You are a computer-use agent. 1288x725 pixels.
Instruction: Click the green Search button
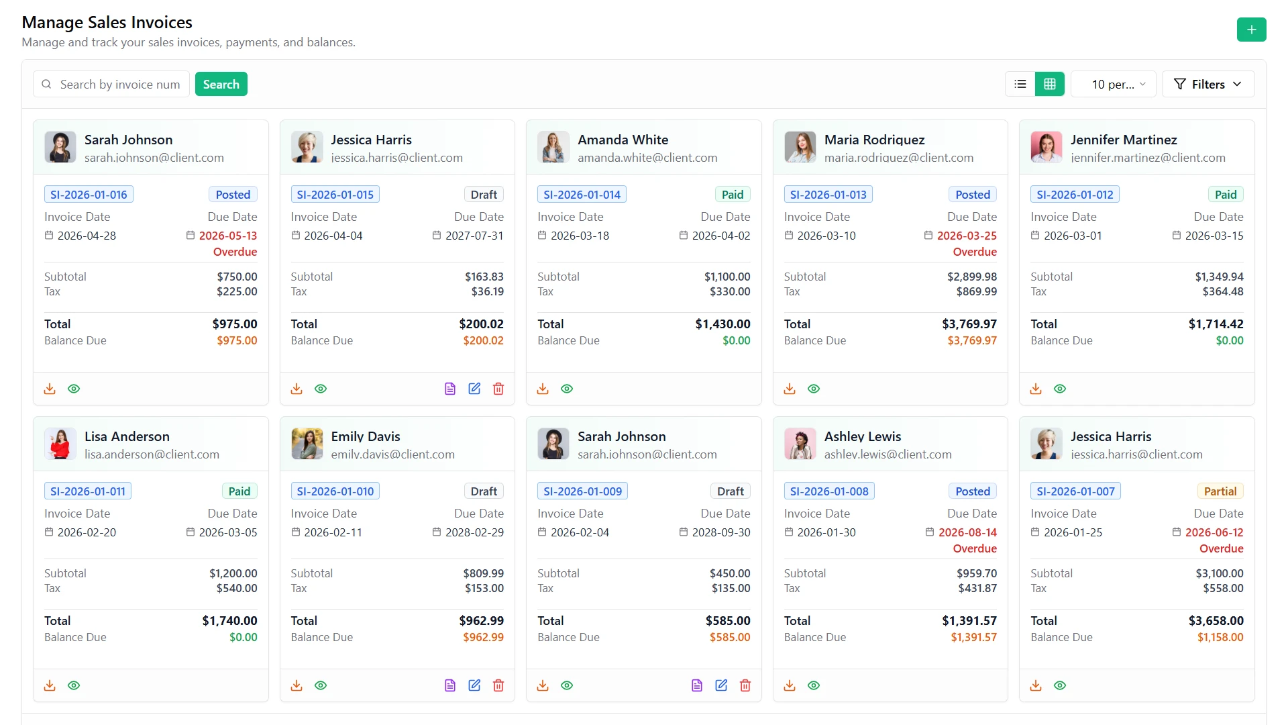point(221,84)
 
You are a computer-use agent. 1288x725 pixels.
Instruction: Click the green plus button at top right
point(1251,30)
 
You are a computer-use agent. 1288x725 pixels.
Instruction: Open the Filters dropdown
point(1207,84)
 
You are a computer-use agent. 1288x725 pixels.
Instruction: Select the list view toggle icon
point(1020,84)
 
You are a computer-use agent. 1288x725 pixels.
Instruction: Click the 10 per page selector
point(1114,84)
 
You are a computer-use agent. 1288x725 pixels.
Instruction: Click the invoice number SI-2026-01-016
point(89,195)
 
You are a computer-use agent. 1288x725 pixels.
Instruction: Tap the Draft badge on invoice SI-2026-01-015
point(484,195)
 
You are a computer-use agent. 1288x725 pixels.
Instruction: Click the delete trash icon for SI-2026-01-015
point(498,389)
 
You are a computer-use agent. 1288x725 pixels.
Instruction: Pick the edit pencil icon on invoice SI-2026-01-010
point(474,685)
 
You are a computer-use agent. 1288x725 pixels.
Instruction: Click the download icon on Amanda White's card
point(543,389)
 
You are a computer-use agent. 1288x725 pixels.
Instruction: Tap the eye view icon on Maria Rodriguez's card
point(814,389)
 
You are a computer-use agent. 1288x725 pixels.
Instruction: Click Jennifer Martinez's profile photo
point(1046,147)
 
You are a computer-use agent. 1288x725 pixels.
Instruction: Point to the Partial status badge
point(1220,491)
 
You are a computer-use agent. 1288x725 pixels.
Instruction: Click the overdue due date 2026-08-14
point(967,532)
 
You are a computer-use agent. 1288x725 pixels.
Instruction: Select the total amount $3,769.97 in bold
point(969,324)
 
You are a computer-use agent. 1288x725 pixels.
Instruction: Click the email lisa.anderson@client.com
point(152,454)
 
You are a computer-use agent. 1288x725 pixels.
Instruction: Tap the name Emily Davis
point(366,436)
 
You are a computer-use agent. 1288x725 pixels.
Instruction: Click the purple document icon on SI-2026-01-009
point(697,685)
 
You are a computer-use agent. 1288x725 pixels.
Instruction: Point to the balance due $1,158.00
point(1220,637)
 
